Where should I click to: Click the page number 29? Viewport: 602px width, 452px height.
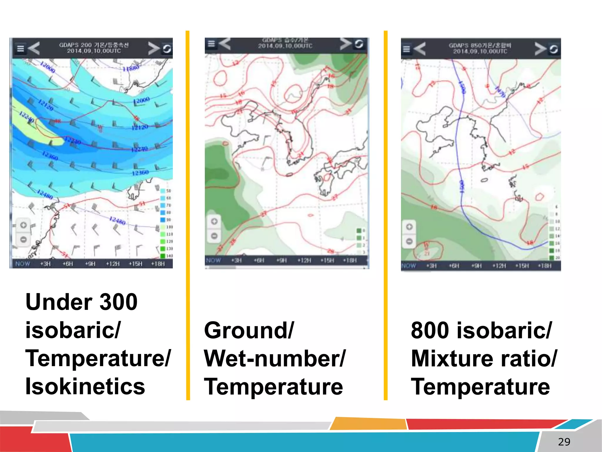pyautogui.click(x=564, y=442)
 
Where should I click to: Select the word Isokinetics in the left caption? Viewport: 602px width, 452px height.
pyautogui.click(x=85, y=386)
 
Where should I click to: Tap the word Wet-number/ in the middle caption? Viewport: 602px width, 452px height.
pyautogui.click(x=275, y=358)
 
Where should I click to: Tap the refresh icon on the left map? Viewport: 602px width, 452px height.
pyautogui.click(x=167, y=49)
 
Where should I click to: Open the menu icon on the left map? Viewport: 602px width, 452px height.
pyautogui.click(x=20, y=49)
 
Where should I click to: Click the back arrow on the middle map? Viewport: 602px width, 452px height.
pyautogui.click(x=225, y=44)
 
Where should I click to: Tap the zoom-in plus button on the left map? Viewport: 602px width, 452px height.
pyautogui.click(x=24, y=225)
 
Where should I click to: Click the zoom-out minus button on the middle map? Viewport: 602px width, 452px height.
pyautogui.click(x=214, y=236)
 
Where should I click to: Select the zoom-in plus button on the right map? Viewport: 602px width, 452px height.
pyautogui.click(x=409, y=227)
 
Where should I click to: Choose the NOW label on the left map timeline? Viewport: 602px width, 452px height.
pyautogui.click(x=23, y=264)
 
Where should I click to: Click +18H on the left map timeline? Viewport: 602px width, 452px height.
pyautogui.click(x=158, y=264)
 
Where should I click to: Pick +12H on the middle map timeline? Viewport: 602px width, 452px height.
pyautogui.click(x=304, y=260)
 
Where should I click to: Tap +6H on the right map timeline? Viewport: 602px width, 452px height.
pyautogui.click(x=454, y=266)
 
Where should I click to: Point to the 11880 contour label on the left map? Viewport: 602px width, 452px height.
pyautogui.click(x=131, y=68)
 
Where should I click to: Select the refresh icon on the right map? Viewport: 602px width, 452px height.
pyautogui.click(x=553, y=49)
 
